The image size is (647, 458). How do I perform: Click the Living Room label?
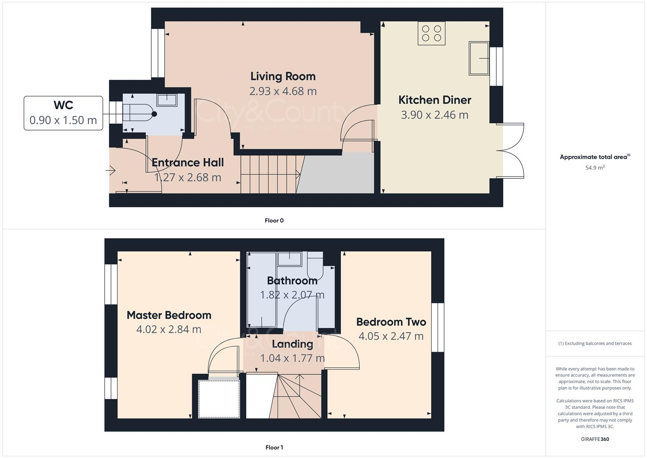283,76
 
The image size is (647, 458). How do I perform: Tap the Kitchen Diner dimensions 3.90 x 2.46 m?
434,115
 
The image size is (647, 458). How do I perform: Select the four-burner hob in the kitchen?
431,33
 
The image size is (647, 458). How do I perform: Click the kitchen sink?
479,59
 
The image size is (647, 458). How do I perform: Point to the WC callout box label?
63,105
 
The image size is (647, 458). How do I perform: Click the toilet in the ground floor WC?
140,114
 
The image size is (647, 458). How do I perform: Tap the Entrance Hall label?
188,162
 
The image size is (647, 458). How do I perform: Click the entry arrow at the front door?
111,170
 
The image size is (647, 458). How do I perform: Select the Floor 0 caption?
274,221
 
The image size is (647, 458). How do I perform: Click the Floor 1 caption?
274,447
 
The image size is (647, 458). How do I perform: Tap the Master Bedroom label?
169,315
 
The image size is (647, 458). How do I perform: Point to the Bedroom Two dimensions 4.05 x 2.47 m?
391,336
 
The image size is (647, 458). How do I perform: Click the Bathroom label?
292,280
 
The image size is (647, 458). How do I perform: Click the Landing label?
292,344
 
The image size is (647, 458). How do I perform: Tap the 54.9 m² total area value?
595,168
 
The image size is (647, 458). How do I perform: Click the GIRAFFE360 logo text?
595,439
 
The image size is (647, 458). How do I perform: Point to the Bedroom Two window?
438,327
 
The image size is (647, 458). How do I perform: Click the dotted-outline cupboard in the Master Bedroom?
219,399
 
